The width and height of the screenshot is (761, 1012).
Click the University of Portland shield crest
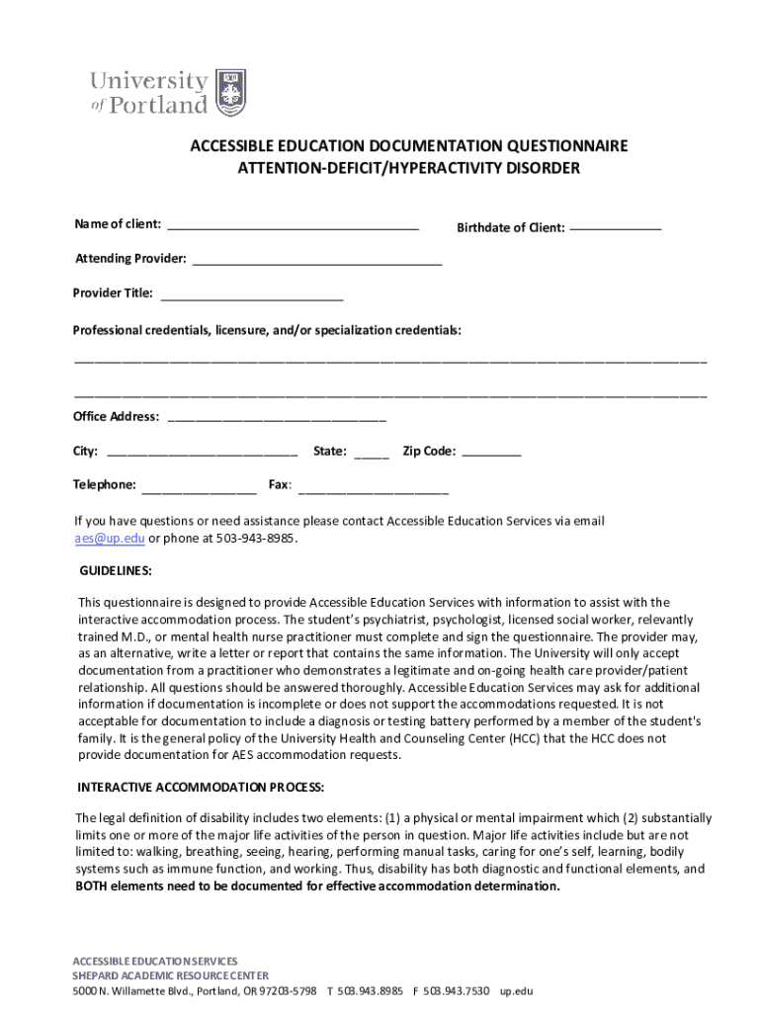tap(230, 93)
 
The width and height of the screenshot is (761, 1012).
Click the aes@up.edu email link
tap(110, 539)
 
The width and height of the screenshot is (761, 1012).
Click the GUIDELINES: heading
tap(116, 571)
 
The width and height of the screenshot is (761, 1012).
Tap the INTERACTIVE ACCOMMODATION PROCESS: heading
tap(201, 788)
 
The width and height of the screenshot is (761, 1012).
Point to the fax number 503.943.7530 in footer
tap(457, 990)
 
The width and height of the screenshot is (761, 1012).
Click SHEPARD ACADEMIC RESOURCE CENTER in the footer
tap(170, 975)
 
